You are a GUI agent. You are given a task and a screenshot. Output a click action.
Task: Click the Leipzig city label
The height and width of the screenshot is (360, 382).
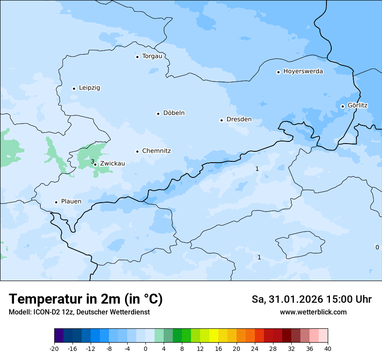(x=89, y=88)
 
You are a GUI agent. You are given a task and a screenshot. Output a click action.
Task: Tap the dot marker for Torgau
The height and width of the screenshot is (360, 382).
(x=137, y=57)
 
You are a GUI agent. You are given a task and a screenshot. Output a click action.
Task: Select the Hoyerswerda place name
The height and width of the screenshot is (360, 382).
(x=303, y=72)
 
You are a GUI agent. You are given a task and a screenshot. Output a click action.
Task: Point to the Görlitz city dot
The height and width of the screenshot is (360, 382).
(x=342, y=106)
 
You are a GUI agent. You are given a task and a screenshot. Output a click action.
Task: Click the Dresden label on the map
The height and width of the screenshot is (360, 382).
(x=239, y=120)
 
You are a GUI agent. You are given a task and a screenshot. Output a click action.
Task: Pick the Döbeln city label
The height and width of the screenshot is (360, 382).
(x=174, y=113)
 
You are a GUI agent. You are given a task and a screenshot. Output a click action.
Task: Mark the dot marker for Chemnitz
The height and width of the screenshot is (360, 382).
(x=137, y=151)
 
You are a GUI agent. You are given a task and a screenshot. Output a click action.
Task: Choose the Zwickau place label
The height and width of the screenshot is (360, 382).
(x=112, y=164)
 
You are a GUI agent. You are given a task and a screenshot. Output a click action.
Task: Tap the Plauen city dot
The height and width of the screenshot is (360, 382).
(x=56, y=202)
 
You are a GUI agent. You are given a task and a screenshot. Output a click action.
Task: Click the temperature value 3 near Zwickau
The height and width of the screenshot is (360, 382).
(x=92, y=162)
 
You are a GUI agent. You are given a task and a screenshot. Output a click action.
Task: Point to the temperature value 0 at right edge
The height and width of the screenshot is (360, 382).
(x=377, y=247)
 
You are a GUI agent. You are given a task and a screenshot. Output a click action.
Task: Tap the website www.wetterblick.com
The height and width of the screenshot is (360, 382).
(x=313, y=312)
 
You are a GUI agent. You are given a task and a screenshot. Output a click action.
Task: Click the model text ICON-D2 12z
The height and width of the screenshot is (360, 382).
(x=52, y=312)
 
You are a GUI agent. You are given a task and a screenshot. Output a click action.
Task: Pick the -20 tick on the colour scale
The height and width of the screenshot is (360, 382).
(x=54, y=349)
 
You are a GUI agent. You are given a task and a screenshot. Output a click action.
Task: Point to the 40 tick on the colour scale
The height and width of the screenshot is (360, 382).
(x=328, y=349)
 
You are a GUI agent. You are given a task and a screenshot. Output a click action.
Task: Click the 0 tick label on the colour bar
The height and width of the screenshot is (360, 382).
(x=145, y=349)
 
